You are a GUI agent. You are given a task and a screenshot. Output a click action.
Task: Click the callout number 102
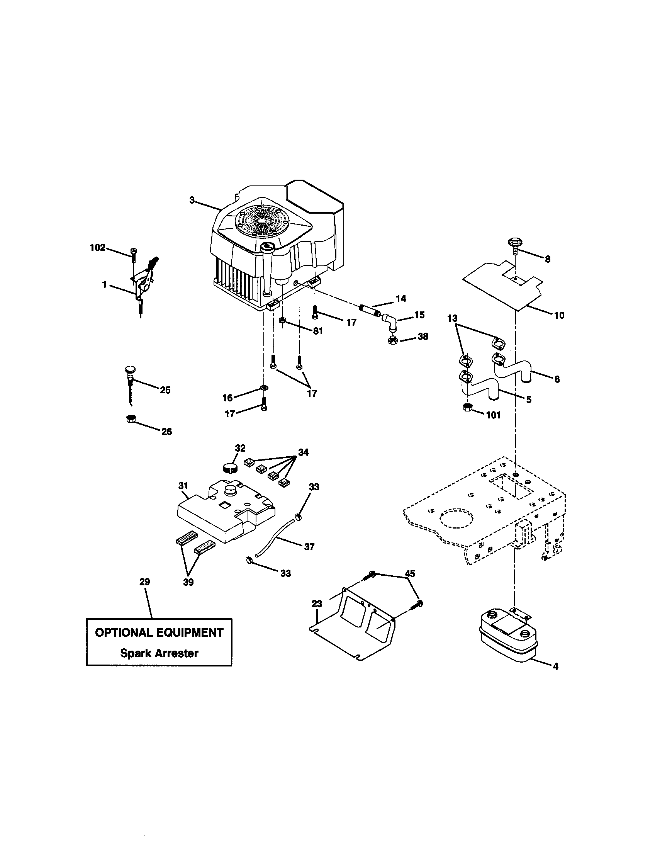click(x=97, y=248)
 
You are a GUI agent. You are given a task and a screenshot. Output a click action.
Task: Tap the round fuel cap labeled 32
click(x=230, y=467)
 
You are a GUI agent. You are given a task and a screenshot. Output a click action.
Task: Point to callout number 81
click(x=318, y=331)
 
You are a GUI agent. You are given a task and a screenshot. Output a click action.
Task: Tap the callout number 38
click(x=423, y=336)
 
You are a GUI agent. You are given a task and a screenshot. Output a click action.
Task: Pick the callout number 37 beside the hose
click(x=309, y=547)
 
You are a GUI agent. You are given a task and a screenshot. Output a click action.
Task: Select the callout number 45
click(x=410, y=574)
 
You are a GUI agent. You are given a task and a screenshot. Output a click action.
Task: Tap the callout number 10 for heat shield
click(x=559, y=315)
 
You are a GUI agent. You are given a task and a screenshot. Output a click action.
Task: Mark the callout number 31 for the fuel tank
click(x=183, y=486)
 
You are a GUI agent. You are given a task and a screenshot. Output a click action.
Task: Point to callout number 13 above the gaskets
click(x=452, y=318)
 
